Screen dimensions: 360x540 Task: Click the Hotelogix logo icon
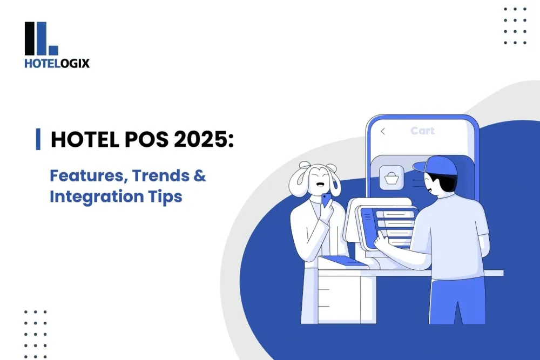41,38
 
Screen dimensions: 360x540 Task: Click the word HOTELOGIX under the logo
57,63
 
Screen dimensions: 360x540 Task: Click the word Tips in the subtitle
165,196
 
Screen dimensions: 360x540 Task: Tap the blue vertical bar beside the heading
38,139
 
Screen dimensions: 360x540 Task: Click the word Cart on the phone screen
422,131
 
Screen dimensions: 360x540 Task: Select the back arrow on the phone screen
383,131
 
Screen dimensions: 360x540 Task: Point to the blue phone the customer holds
326,201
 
